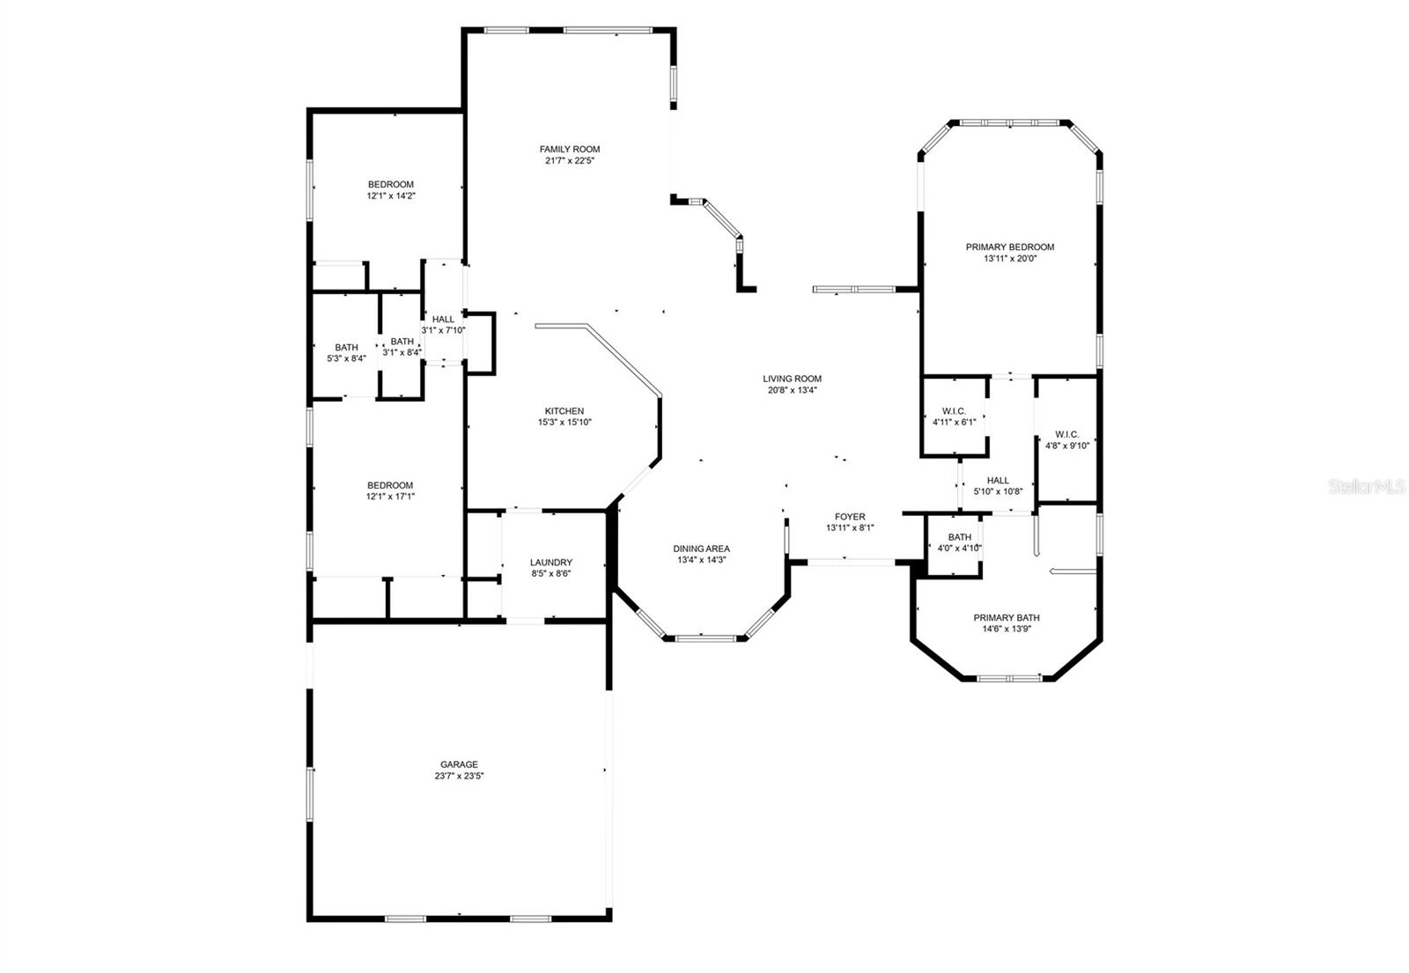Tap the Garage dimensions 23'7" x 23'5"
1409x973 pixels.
click(x=460, y=777)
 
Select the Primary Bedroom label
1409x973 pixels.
click(x=1009, y=247)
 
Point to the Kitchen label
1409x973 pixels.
click(x=564, y=411)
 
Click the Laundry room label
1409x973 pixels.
click(x=551, y=563)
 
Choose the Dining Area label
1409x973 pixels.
click(x=703, y=549)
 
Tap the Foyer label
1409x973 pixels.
click(x=850, y=517)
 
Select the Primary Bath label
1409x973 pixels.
click(x=1006, y=617)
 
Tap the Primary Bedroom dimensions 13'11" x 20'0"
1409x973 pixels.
click(x=1009, y=259)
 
